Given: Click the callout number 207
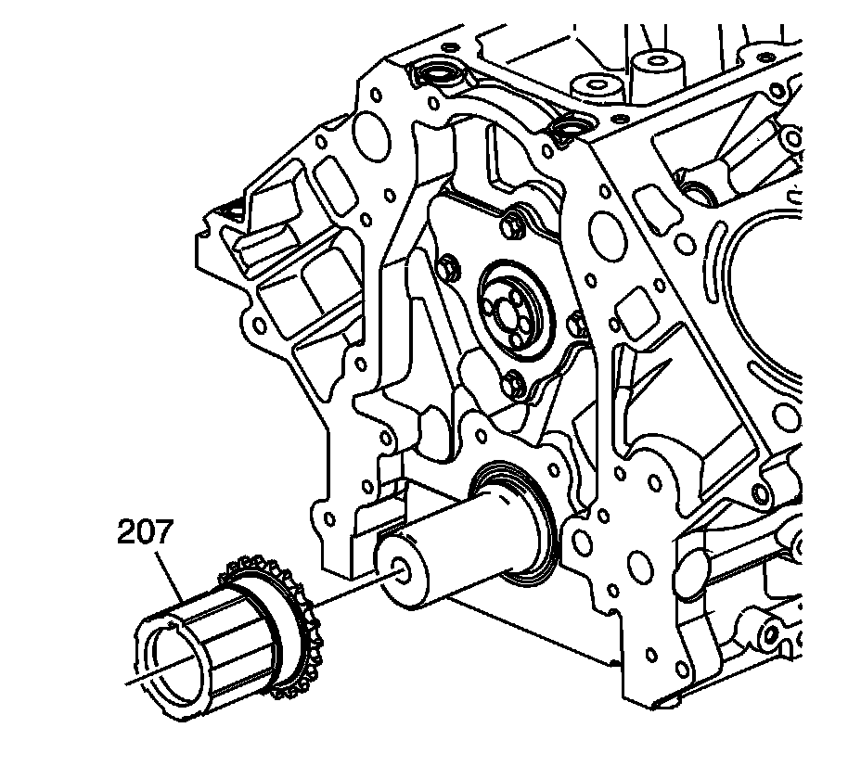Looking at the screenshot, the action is coord(145,532).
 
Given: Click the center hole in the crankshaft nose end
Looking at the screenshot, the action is coord(400,572).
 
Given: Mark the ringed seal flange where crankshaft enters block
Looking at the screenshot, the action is coord(516,520).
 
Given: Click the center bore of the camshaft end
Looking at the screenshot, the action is coord(503,312).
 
